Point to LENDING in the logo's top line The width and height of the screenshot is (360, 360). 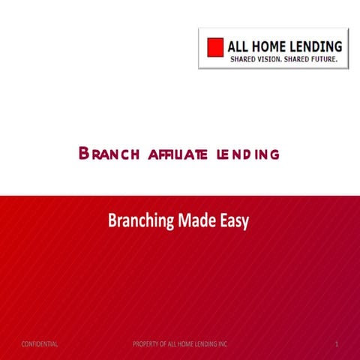pos(321,45)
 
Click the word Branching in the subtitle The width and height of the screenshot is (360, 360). pos(141,221)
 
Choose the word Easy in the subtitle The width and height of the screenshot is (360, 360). pos(234,221)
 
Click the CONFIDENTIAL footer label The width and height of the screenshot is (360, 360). pos(40,343)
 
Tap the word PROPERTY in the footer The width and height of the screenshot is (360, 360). pos(145,343)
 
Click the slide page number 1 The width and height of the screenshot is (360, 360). pos(338,343)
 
